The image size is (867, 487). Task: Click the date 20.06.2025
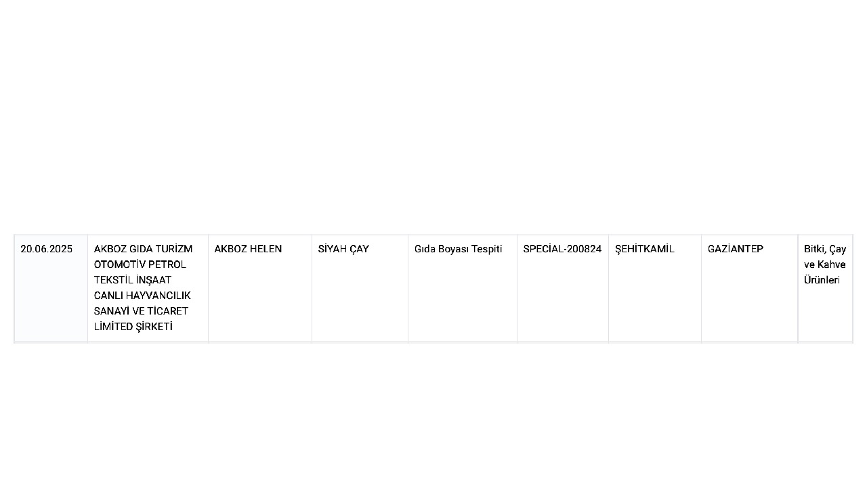[x=47, y=249]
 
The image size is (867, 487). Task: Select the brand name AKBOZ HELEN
[x=248, y=249]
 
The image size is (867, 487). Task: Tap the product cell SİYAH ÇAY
[x=343, y=249]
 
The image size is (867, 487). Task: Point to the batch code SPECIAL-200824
[x=562, y=249]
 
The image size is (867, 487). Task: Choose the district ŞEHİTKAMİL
[x=644, y=249]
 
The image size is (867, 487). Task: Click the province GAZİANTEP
[x=736, y=249]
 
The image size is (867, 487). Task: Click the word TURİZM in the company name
[x=174, y=249]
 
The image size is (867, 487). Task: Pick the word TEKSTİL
[x=114, y=280]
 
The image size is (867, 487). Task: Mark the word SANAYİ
[x=112, y=311]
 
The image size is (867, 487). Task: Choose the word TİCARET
[x=169, y=311]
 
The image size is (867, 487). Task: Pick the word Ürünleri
[x=822, y=280]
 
